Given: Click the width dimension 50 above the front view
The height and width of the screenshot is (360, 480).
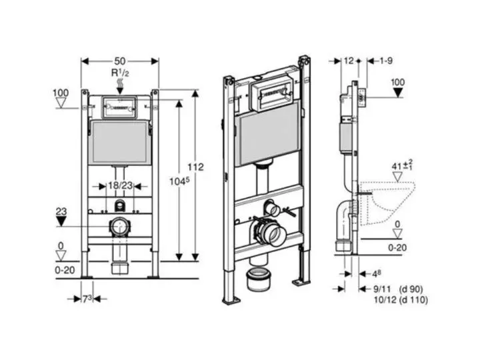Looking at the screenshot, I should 120,60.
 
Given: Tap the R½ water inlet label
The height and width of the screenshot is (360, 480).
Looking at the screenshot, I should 121,71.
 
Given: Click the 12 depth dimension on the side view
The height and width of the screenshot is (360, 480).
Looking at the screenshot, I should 348,61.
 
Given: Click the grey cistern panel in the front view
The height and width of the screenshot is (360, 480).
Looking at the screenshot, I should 120,141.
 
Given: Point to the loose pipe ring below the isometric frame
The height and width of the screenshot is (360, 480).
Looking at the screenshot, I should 258,279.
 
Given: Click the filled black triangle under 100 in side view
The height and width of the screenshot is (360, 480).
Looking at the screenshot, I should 397,92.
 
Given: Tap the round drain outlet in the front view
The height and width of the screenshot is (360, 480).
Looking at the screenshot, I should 120,227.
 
